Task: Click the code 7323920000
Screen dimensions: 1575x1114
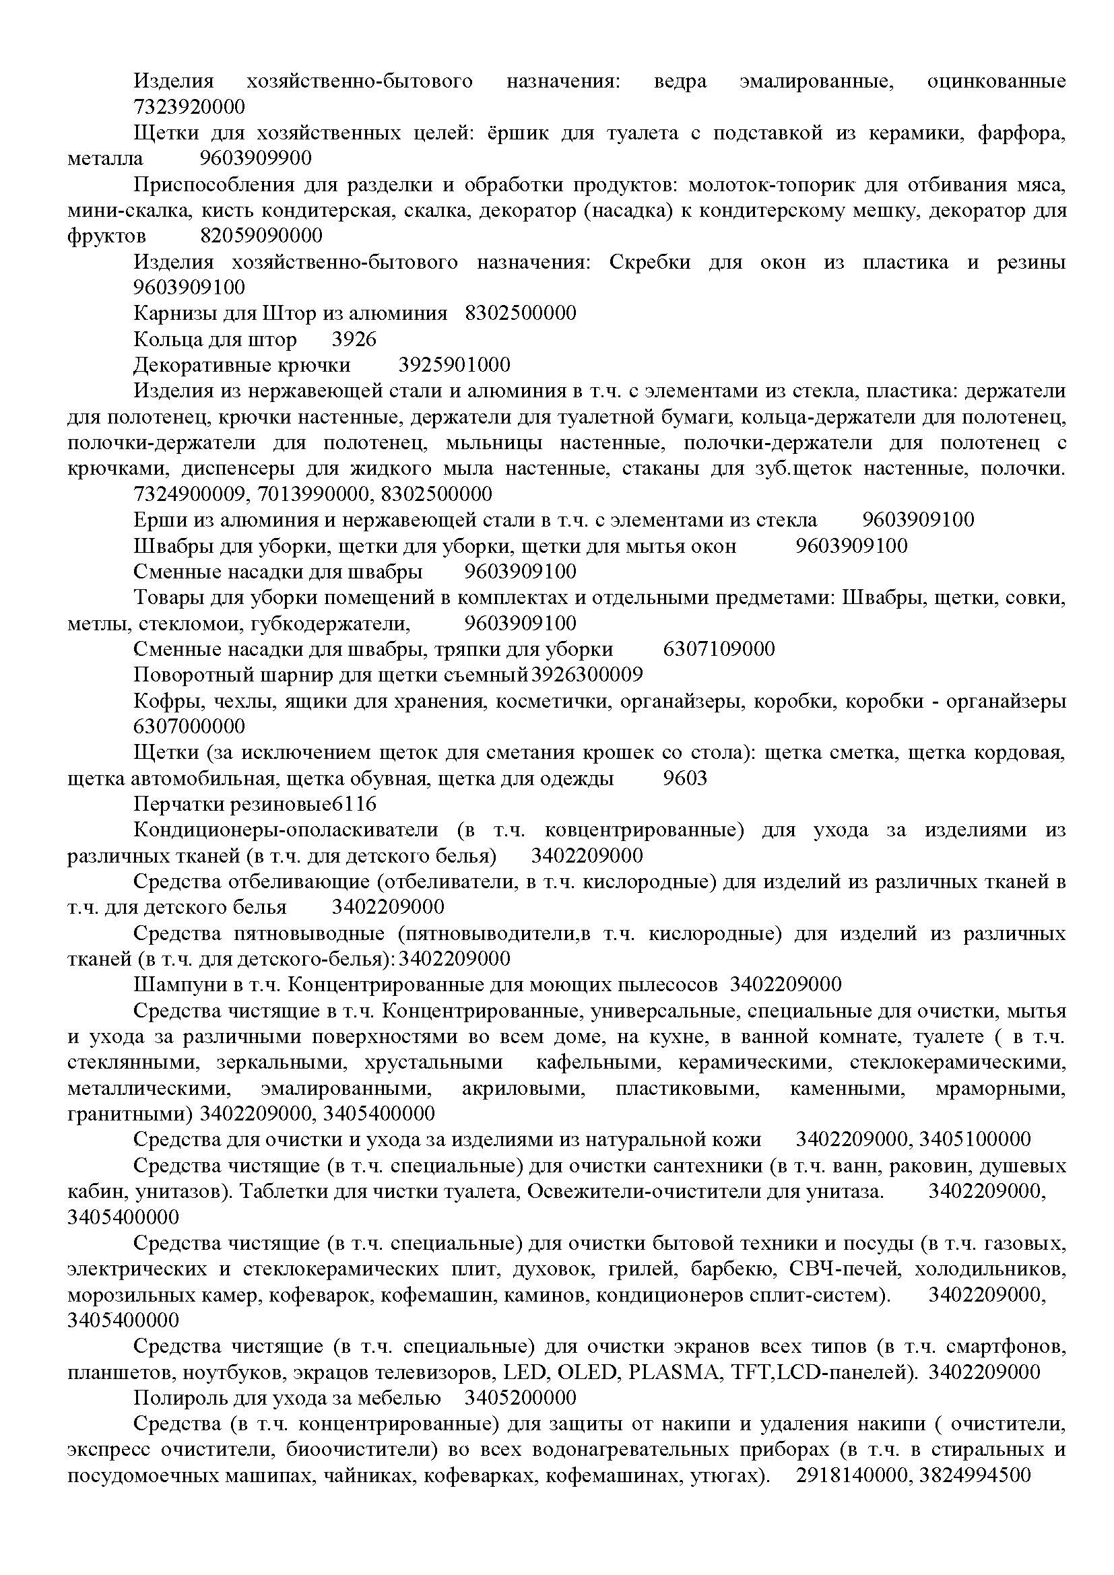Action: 189,107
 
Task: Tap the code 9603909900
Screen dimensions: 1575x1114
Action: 256,158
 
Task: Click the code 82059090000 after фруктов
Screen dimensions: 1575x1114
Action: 261,236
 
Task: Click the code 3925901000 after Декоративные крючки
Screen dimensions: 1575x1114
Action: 454,365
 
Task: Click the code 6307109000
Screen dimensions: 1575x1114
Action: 719,649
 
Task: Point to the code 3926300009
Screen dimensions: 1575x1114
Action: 587,675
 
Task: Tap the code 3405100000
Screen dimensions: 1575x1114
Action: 975,1139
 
